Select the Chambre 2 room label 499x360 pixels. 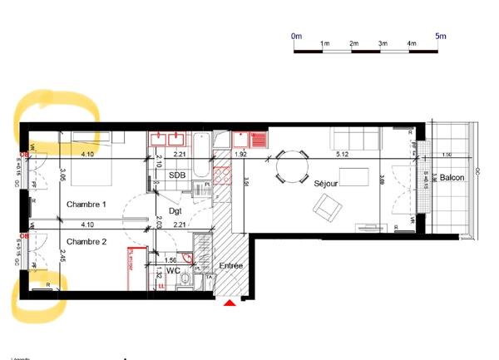86,242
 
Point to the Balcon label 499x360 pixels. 452,179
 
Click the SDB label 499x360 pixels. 177,175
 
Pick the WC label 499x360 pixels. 173,271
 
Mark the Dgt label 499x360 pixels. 175,211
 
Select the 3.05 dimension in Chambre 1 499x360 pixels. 63,177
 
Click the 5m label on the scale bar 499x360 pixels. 440,36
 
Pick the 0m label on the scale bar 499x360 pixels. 296,36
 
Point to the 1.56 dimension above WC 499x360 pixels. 170,260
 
